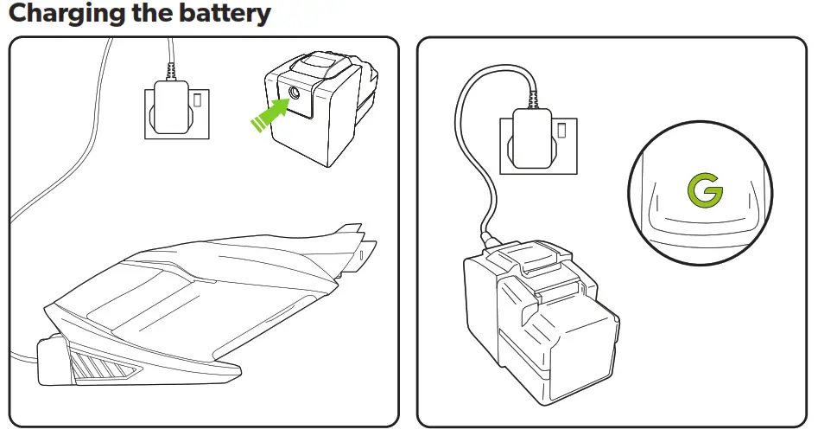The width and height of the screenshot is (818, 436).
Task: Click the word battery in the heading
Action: point(223,14)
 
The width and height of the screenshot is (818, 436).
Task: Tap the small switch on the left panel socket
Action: point(200,99)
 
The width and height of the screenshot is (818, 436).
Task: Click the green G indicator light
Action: point(705,192)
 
